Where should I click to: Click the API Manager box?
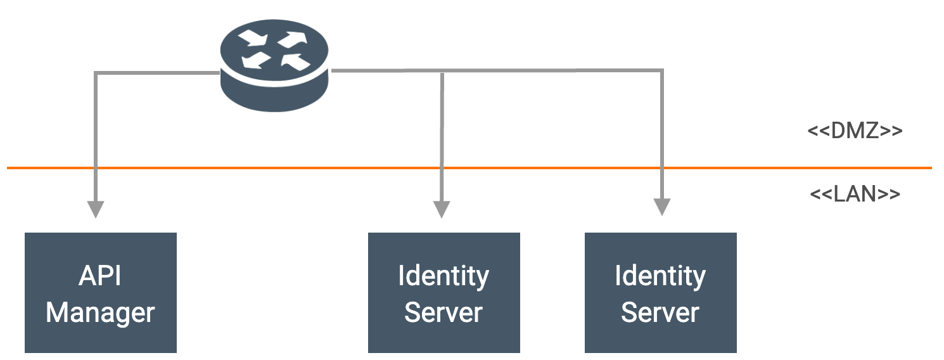(x=100, y=292)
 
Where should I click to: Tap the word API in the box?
(x=100, y=276)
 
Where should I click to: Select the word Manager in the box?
(x=100, y=312)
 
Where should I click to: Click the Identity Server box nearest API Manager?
(x=443, y=292)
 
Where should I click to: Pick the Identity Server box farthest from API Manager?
(x=660, y=292)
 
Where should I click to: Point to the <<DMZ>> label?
(x=855, y=131)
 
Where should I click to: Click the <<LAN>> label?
(x=855, y=194)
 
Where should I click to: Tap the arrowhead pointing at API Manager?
(x=95, y=209)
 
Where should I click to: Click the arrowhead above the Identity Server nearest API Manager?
(x=442, y=209)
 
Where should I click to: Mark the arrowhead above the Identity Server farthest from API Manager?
(x=661, y=207)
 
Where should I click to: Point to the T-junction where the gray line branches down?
(x=442, y=72)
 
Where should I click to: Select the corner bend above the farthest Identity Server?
(x=661, y=71)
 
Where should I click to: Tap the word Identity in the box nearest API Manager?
(x=443, y=276)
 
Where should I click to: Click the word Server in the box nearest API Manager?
(x=443, y=312)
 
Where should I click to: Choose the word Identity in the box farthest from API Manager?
(x=660, y=276)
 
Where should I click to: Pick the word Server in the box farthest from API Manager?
(x=660, y=312)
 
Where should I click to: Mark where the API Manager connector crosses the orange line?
(x=95, y=168)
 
